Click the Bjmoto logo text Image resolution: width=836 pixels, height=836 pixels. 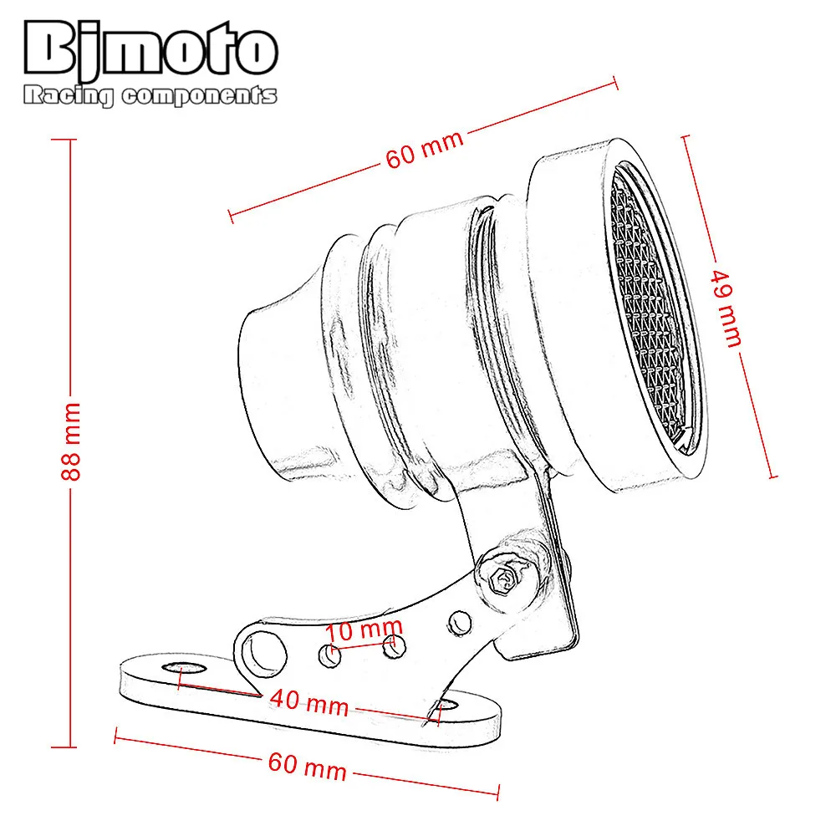(150, 52)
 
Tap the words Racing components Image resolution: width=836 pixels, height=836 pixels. (150, 96)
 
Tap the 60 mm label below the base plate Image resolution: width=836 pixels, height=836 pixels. (307, 765)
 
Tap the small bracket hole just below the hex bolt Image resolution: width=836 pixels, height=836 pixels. (459, 620)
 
